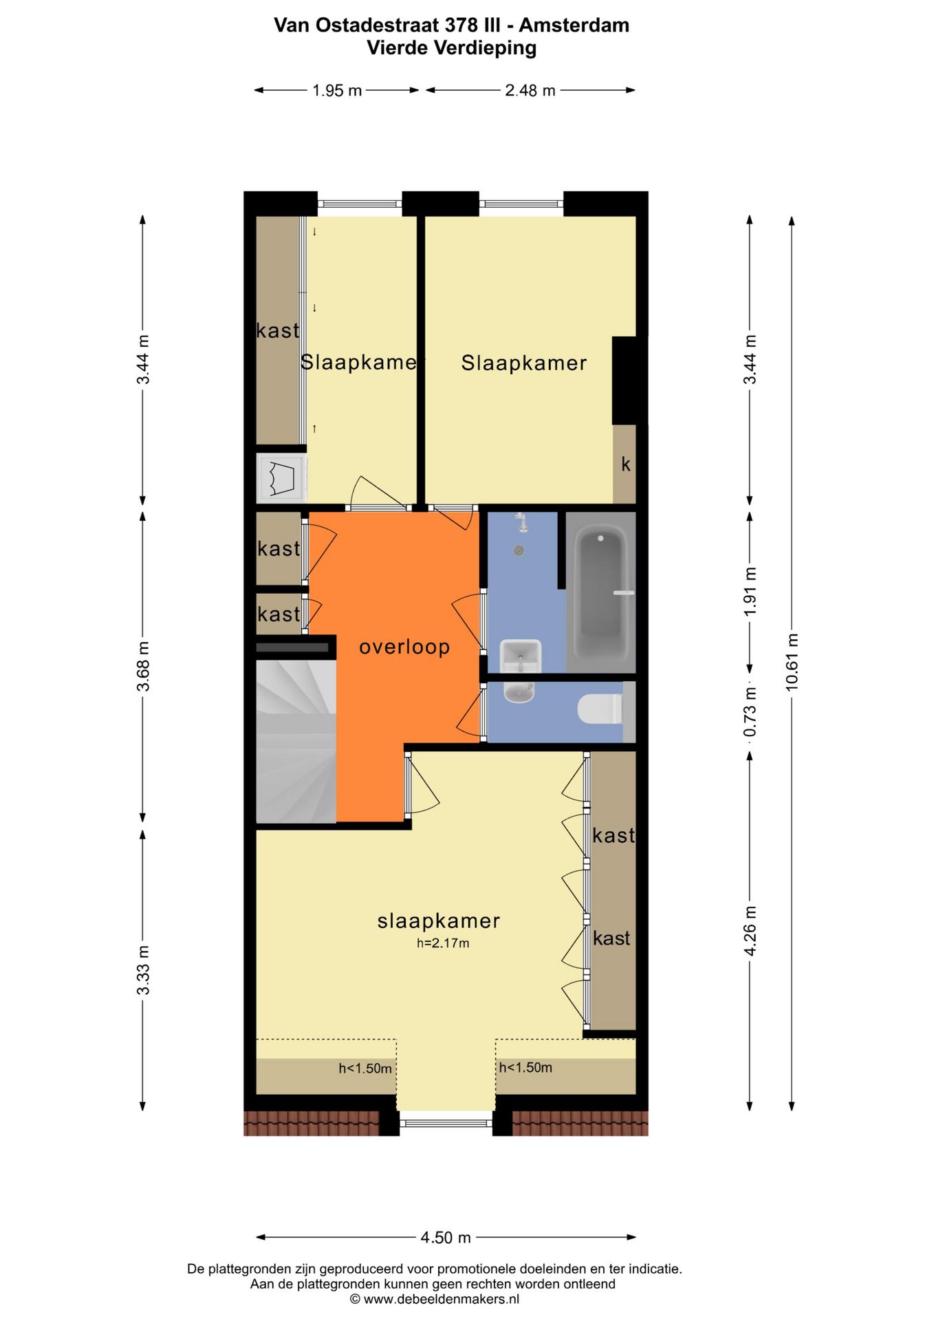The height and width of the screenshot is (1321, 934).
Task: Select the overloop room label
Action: [404, 647]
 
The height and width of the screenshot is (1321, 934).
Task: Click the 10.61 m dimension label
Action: [792, 662]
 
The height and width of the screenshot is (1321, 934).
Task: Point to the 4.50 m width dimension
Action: [446, 1238]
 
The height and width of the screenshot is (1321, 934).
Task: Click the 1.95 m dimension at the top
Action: [337, 91]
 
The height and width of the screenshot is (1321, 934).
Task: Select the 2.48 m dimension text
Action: [530, 91]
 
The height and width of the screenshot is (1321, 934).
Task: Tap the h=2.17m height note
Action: [443, 943]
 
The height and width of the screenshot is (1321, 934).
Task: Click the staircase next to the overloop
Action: [296, 742]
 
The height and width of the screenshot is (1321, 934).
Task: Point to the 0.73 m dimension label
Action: [750, 711]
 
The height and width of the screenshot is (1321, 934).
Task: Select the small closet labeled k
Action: [625, 464]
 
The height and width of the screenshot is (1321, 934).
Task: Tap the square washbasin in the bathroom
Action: [521, 656]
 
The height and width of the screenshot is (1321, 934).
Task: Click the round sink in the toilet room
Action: [519, 692]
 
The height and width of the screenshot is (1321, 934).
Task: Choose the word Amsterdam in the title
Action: [574, 25]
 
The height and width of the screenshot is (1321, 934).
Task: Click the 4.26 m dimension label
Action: [750, 930]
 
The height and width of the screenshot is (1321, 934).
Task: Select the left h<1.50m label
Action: [365, 1068]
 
